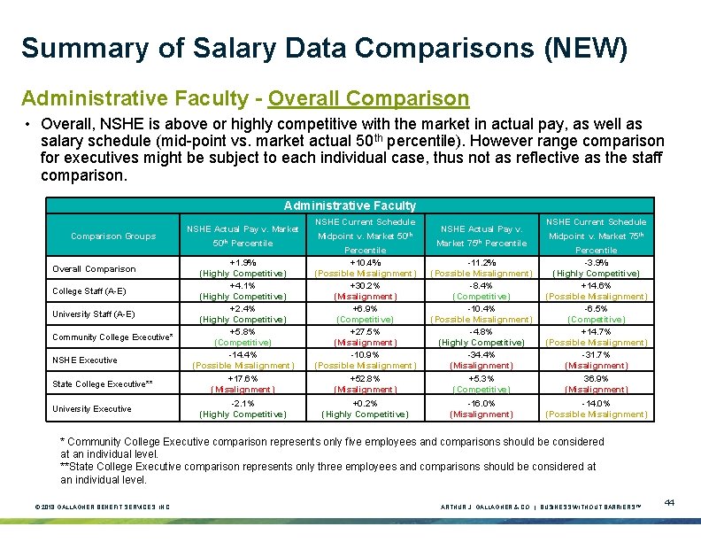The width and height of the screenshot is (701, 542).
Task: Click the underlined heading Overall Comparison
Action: pos(368,98)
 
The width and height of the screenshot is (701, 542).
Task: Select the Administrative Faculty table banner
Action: pos(350,205)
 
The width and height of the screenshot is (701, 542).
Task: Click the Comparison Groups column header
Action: pos(114,236)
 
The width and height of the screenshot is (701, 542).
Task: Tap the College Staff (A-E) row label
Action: pos(89,291)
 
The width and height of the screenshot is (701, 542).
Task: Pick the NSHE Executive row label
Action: pos(85,360)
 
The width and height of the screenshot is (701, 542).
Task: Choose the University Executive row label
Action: pos(92,409)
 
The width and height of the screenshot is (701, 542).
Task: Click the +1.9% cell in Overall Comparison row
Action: pos(243,263)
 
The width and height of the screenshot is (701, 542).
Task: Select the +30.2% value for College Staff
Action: pos(366,286)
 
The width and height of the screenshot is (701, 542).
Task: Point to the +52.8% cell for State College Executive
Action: pos(366,378)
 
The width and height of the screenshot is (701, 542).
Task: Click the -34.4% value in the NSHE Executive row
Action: pos(481,355)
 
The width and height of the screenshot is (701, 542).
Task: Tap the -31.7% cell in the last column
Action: pos(597,355)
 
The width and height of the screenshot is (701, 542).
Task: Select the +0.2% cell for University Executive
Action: pos(366,402)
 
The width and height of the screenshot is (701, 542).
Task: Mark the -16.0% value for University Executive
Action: pos(481,402)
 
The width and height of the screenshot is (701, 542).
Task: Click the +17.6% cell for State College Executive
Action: pos(243,378)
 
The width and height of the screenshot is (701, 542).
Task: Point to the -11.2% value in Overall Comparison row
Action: pos(481,263)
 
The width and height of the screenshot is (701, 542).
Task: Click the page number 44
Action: pos(669,503)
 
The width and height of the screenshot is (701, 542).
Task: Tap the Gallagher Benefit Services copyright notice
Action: pos(103,507)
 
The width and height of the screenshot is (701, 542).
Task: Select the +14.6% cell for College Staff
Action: pos(597,286)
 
